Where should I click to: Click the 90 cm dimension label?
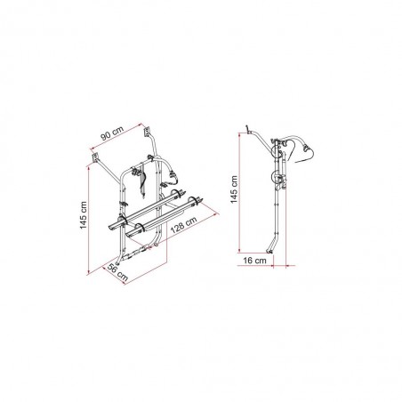[112, 133]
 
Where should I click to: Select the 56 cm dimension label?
[117, 272]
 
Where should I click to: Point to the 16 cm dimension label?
[254, 261]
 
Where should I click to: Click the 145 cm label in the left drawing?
[84, 215]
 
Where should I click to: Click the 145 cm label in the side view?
[234, 189]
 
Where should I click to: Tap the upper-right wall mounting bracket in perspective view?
[146, 132]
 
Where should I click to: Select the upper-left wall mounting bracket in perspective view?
[95, 157]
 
